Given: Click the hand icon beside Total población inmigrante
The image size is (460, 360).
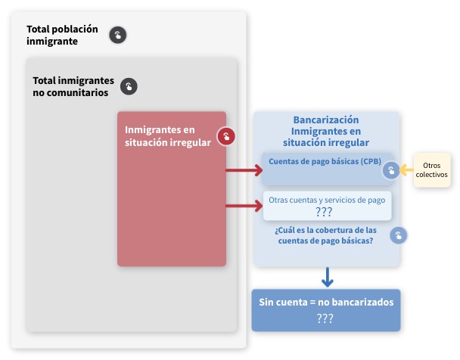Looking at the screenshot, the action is [117, 35].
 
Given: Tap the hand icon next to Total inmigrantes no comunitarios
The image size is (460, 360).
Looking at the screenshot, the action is [129, 86].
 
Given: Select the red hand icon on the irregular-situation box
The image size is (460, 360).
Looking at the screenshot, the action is [226, 136].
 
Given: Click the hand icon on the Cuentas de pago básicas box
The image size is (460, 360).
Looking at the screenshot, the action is [391, 170].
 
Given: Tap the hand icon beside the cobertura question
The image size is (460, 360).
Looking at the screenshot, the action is [399, 235].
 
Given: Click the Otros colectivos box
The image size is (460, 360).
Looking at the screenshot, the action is [432, 169].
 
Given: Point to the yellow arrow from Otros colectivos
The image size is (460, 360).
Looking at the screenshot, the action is [406, 169].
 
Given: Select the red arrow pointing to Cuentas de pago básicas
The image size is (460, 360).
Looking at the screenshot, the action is [244, 170].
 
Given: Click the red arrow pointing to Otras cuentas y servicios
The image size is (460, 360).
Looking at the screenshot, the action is [244, 206].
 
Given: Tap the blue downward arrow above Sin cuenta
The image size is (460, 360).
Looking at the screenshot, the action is [328, 277].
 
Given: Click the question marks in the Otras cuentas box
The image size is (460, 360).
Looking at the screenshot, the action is [324, 212].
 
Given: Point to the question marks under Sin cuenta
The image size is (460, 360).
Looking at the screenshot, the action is [325, 318].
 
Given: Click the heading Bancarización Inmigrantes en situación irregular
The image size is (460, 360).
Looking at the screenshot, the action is [326, 131].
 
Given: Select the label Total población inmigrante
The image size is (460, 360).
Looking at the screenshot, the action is [62, 36].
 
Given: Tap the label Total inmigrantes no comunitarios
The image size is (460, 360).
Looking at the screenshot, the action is [73, 86].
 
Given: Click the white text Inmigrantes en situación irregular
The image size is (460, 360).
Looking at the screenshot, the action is [168, 136].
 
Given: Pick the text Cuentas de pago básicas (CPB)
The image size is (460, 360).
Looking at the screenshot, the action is [325, 162].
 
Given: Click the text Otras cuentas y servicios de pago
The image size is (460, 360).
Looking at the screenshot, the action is [327, 200].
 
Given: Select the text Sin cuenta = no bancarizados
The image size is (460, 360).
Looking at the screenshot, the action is [326, 302].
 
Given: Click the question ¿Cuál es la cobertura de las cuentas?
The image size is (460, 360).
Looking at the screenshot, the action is [325, 235].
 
